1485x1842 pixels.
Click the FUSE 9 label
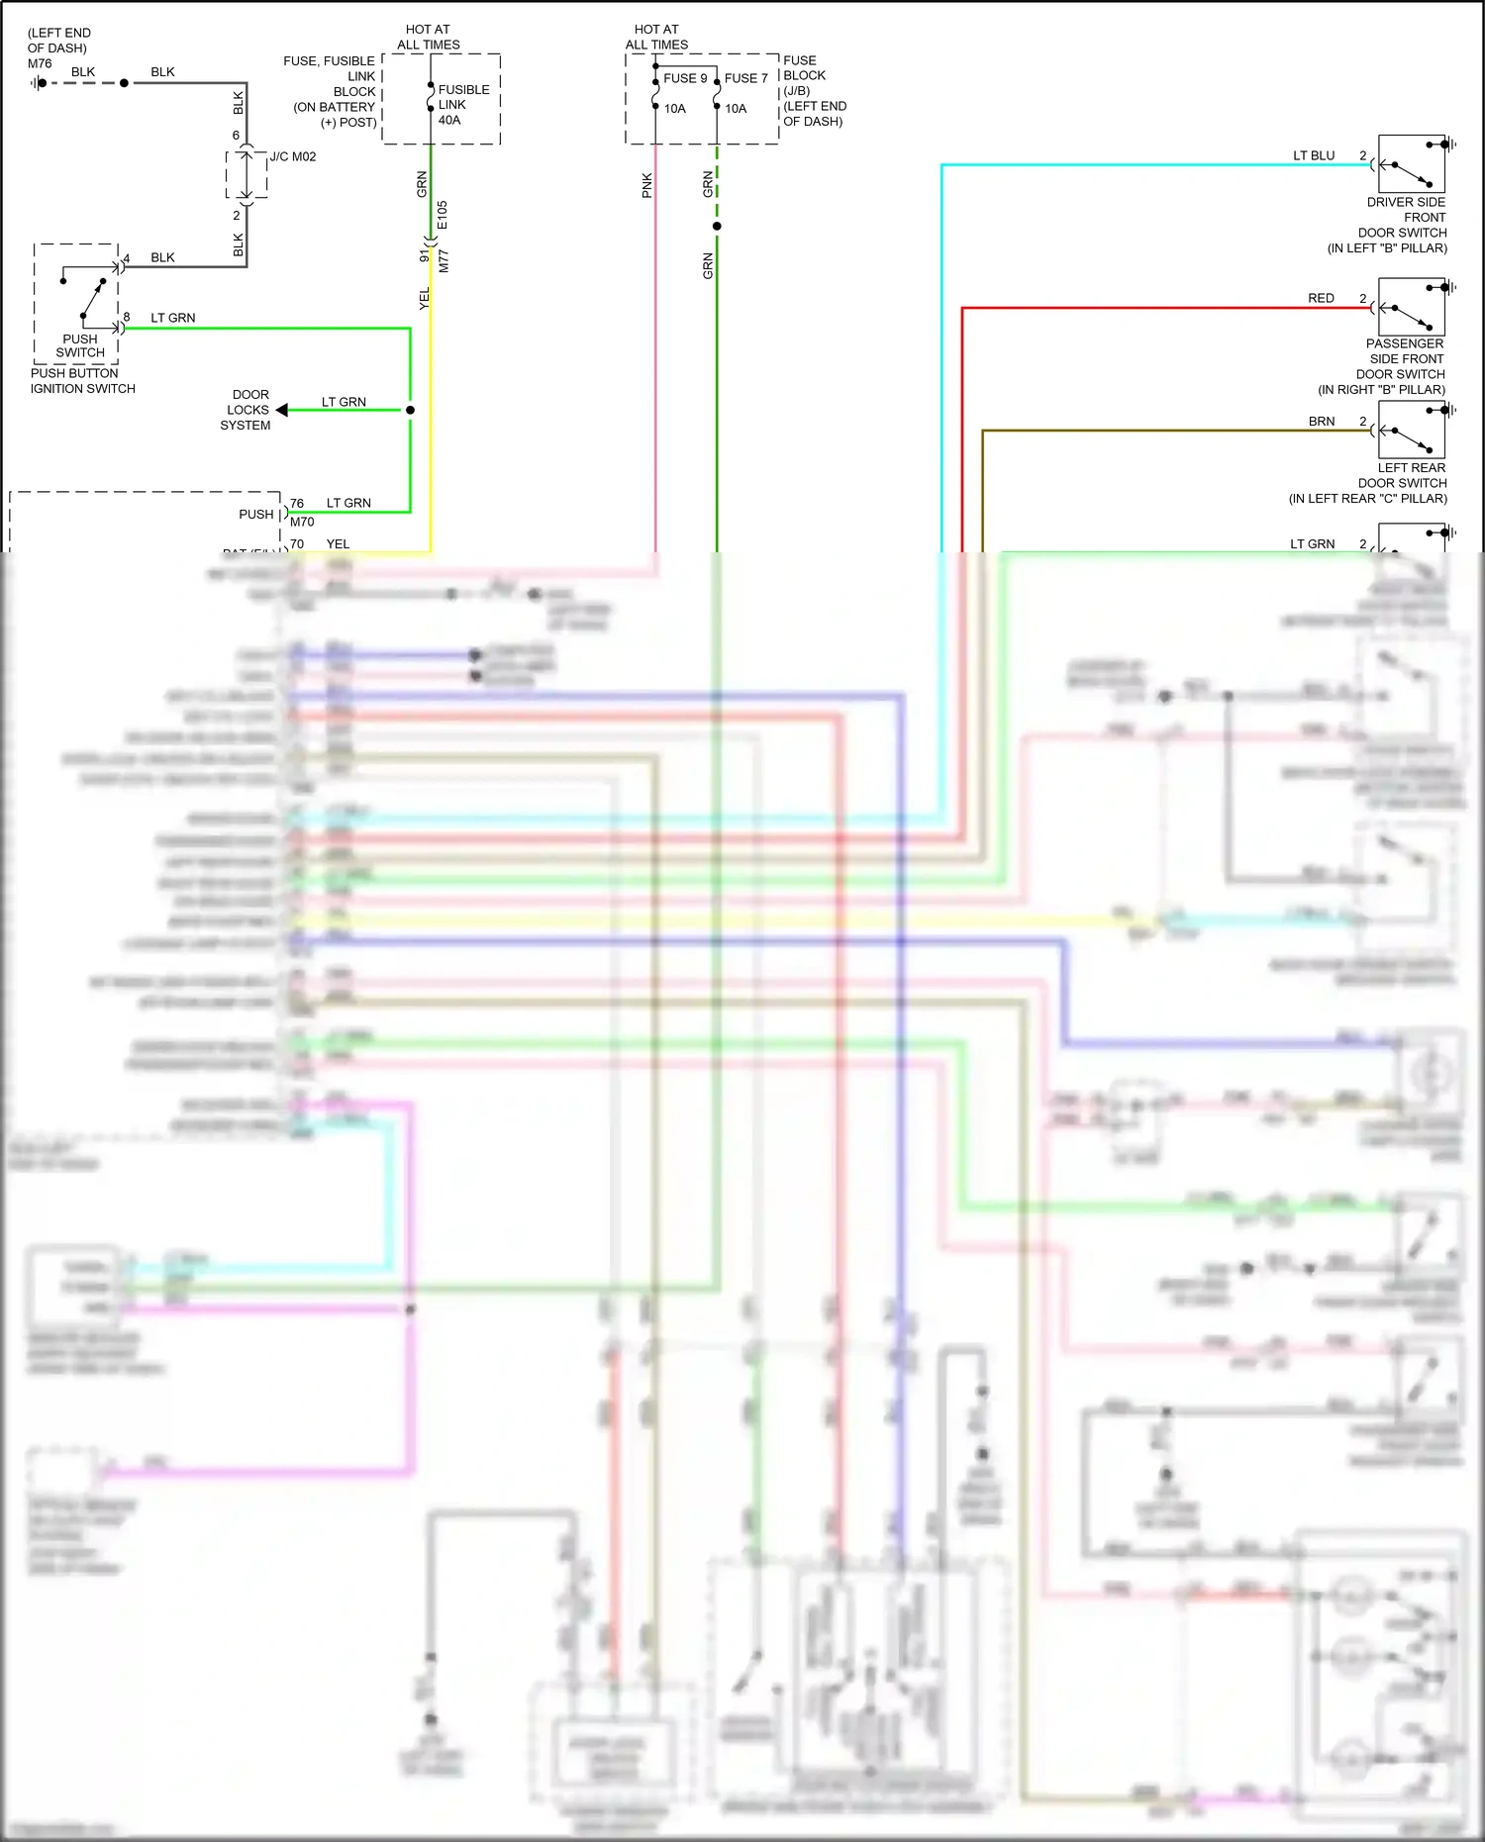pyautogui.click(x=685, y=78)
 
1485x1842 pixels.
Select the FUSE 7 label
pyautogui.click(x=745, y=78)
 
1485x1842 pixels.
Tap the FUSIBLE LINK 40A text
pyautogui.click(x=462, y=104)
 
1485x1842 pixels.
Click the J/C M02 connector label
pyautogui.click(x=293, y=156)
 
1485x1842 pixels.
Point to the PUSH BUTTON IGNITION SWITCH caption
pyautogui.click(x=82, y=381)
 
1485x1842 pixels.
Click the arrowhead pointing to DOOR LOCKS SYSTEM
pyautogui.click(x=282, y=410)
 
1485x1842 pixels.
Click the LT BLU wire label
pyautogui.click(x=1314, y=155)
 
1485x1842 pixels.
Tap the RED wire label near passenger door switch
pyautogui.click(x=1321, y=298)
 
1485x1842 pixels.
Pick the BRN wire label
pyautogui.click(x=1321, y=422)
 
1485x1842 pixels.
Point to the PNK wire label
pyautogui.click(x=647, y=185)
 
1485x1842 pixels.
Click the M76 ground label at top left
pyautogui.click(x=40, y=63)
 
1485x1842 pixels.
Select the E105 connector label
pyautogui.click(x=443, y=215)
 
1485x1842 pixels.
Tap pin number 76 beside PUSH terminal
pyautogui.click(x=297, y=504)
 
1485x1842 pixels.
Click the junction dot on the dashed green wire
pyautogui.click(x=717, y=227)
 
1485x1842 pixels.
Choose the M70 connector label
pyautogui.click(x=302, y=522)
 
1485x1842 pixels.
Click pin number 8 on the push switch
pyautogui.click(x=127, y=317)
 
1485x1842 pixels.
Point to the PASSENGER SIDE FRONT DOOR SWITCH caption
pyautogui.click(x=1403, y=366)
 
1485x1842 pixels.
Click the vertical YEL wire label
pyautogui.click(x=425, y=298)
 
